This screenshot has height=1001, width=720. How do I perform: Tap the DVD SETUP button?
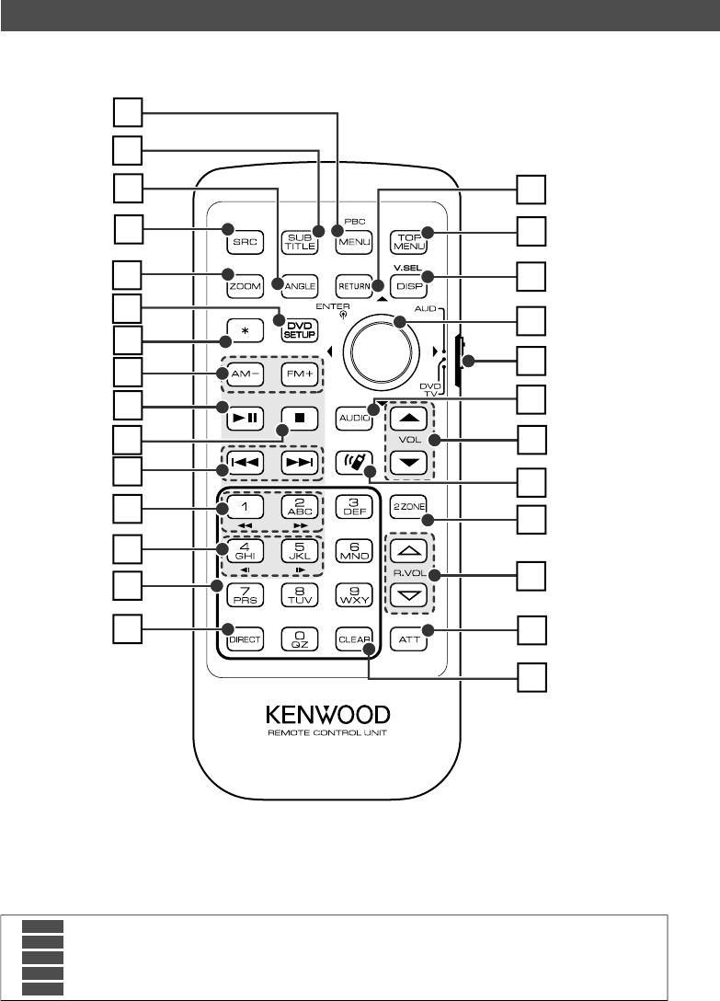click(296, 328)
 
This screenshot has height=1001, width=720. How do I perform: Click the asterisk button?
click(243, 328)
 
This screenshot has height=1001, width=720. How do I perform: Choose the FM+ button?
click(296, 374)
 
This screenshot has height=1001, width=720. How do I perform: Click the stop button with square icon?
click(296, 416)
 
